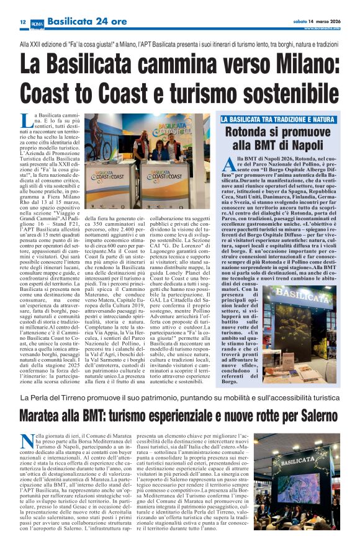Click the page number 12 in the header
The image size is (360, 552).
(x=22, y=22)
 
